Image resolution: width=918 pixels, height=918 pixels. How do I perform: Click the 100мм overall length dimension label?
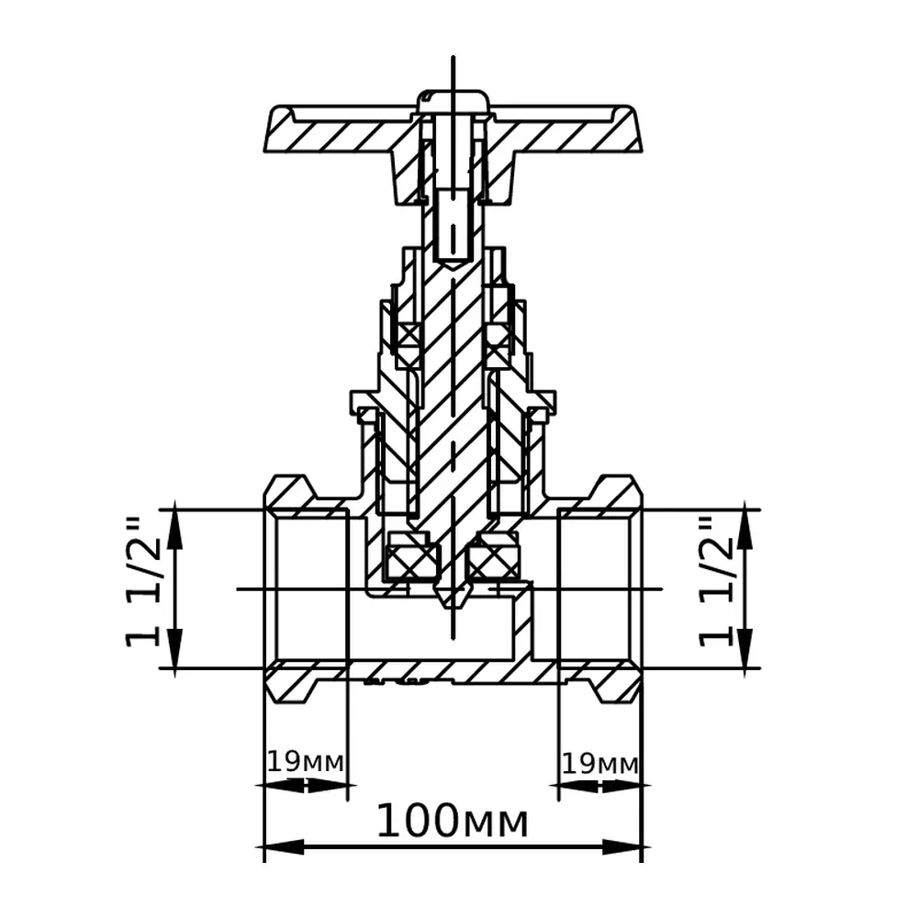click(452, 821)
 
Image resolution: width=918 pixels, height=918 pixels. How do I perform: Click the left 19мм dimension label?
click(305, 762)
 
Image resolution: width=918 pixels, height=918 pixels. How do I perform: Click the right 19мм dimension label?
click(600, 764)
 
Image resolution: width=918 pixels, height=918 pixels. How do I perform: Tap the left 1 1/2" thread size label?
click(142, 582)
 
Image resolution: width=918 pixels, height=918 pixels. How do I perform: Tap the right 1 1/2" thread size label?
click(715, 582)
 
